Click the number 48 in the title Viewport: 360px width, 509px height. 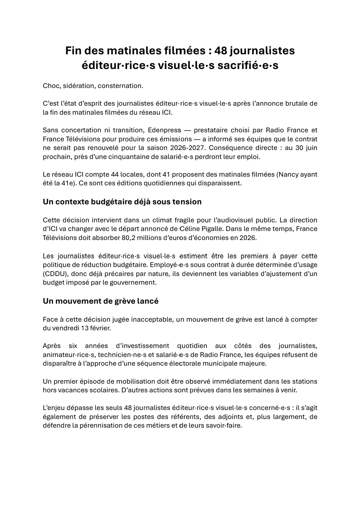[221, 51]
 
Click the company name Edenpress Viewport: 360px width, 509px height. [164, 130]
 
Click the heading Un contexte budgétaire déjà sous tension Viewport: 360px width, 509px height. [122, 202]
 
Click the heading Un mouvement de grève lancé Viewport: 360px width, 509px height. [101, 301]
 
